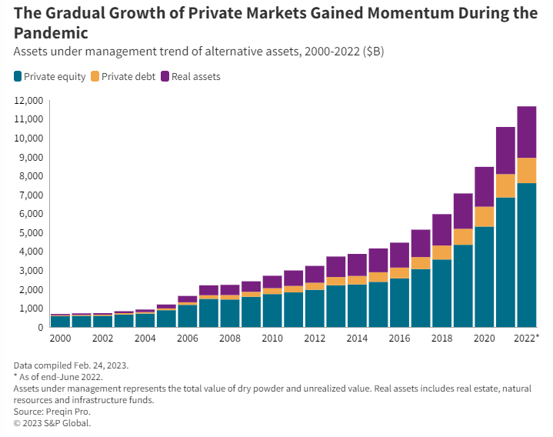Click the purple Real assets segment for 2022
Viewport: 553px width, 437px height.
(527, 132)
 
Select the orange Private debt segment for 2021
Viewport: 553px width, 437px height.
(505, 185)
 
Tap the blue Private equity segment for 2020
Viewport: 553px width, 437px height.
(484, 277)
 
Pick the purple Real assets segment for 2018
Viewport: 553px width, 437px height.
(441, 229)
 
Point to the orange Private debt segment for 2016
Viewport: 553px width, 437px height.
(399, 272)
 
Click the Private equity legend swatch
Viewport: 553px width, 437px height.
(18, 76)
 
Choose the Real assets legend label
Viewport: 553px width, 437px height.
(196, 76)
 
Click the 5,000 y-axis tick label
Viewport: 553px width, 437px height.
(29, 233)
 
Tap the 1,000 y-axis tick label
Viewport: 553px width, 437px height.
(29, 309)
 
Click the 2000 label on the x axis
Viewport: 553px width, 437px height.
(60, 339)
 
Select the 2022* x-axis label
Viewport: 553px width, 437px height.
(528, 339)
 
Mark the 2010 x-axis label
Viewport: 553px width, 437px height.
(272, 339)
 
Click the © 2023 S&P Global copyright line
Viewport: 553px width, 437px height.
(52, 422)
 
